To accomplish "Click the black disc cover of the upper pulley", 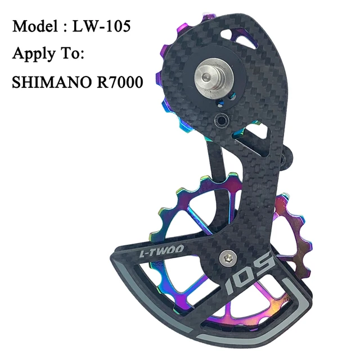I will coord(191,84).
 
